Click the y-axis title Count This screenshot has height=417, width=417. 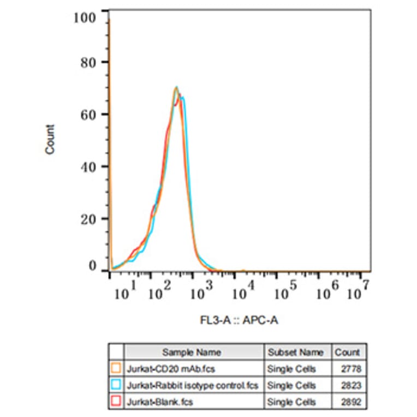[50, 139]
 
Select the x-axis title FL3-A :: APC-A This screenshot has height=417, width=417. [239, 320]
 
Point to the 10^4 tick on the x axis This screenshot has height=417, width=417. [243, 293]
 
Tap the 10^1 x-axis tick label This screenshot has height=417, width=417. [126, 293]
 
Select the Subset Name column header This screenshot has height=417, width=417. [297, 352]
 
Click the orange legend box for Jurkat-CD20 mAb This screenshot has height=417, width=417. [115, 369]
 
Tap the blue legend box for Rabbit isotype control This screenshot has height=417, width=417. [115, 385]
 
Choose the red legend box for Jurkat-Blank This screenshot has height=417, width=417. [115, 402]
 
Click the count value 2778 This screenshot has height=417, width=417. [352, 369]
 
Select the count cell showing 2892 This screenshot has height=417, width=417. [352, 402]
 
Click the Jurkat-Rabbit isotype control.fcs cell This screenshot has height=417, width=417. [192, 385]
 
